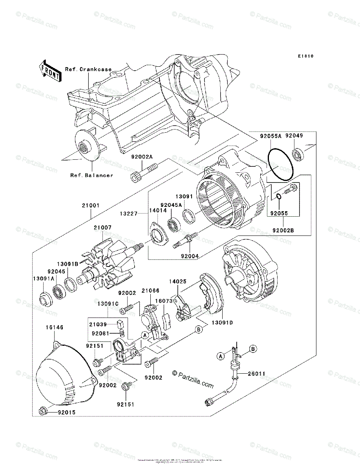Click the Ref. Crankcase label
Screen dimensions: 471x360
pyautogui.click(x=88, y=69)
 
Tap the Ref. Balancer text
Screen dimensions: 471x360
pyautogui.click(x=91, y=175)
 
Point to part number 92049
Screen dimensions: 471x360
pyautogui.click(x=294, y=136)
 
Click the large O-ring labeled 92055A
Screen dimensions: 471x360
pyautogui.click(x=280, y=165)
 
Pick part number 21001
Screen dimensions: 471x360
pyautogui.click(x=91, y=205)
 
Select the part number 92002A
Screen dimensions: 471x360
pyautogui.click(x=142, y=157)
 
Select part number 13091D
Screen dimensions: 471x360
pyautogui.click(x=223, y=323)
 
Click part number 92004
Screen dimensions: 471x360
pyautogui.click(x=189, y=256)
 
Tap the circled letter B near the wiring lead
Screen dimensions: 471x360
pyautogui.click(x=253, y=349)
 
